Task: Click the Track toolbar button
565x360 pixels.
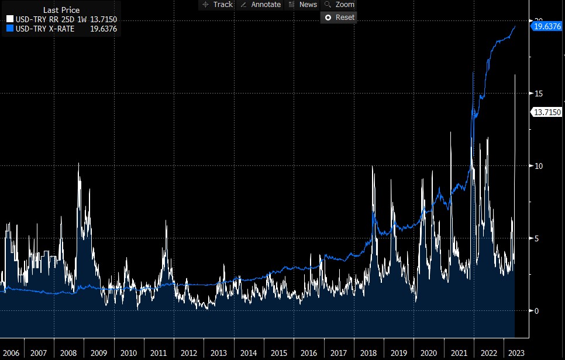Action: tap(216, 5)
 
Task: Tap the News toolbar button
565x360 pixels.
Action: tap(303, 5)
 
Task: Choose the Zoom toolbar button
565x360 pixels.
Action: tap(340, 5)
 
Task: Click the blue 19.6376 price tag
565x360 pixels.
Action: tap(546, 26)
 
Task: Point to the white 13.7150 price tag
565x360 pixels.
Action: tap(546, 112)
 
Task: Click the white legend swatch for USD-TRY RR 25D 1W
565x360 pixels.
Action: tap(9, 19)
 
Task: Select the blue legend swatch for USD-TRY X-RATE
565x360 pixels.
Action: tap(9, 28)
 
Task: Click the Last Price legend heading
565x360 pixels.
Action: tap(61, 11)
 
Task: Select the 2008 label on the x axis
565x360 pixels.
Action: tap(68, 353)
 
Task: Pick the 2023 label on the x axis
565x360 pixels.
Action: tap(516, 353)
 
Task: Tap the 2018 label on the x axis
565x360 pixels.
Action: tap(368, 353)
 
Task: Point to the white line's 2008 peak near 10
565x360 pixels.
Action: tap(78, 164)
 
